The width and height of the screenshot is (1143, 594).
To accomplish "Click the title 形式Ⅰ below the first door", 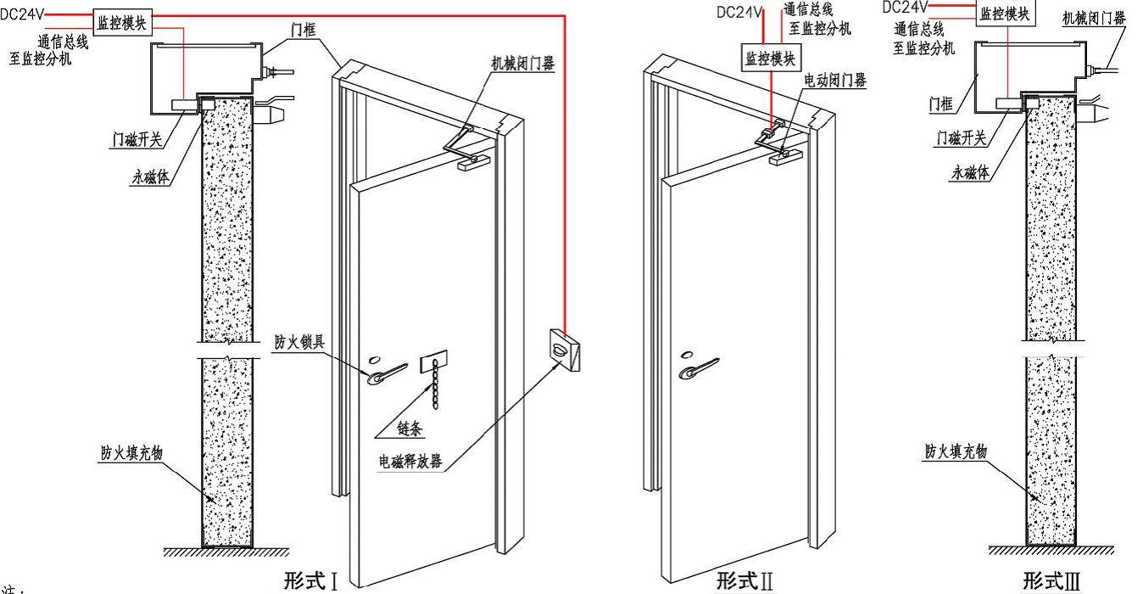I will (311, 581).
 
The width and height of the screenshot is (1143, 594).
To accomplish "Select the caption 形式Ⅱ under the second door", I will (744, 581).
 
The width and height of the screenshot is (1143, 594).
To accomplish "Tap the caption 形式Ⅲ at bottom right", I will (1051, 581).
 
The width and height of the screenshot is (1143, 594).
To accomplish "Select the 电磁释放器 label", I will (410, 463).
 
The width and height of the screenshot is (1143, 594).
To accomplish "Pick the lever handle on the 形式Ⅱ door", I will (698, 367).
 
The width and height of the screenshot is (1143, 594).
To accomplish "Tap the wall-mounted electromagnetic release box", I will (565, 348).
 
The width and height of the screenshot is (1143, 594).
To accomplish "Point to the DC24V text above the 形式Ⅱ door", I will (740, 12).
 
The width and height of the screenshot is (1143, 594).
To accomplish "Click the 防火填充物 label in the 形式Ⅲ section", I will (956, 452).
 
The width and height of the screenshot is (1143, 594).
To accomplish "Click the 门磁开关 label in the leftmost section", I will (137, 139).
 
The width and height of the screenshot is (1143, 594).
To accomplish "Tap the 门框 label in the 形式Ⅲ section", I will (940, 104).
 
